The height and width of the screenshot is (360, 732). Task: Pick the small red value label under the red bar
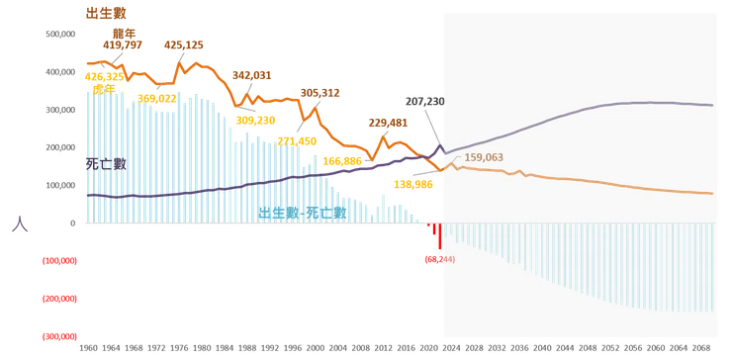pos(438,259)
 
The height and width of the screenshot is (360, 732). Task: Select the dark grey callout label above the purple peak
pos(425,103)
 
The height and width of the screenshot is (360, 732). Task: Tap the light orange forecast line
pos(594,182)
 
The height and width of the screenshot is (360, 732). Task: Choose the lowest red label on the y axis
pos(58,335)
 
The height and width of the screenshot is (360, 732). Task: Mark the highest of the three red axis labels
pos(58,261)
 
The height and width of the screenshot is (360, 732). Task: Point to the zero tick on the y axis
pos(72,224)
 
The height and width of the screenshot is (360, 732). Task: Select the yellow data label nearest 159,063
pos(409,184)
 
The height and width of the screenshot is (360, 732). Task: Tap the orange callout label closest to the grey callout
pos(387,122)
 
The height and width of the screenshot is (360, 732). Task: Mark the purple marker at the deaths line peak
pos(440,148)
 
